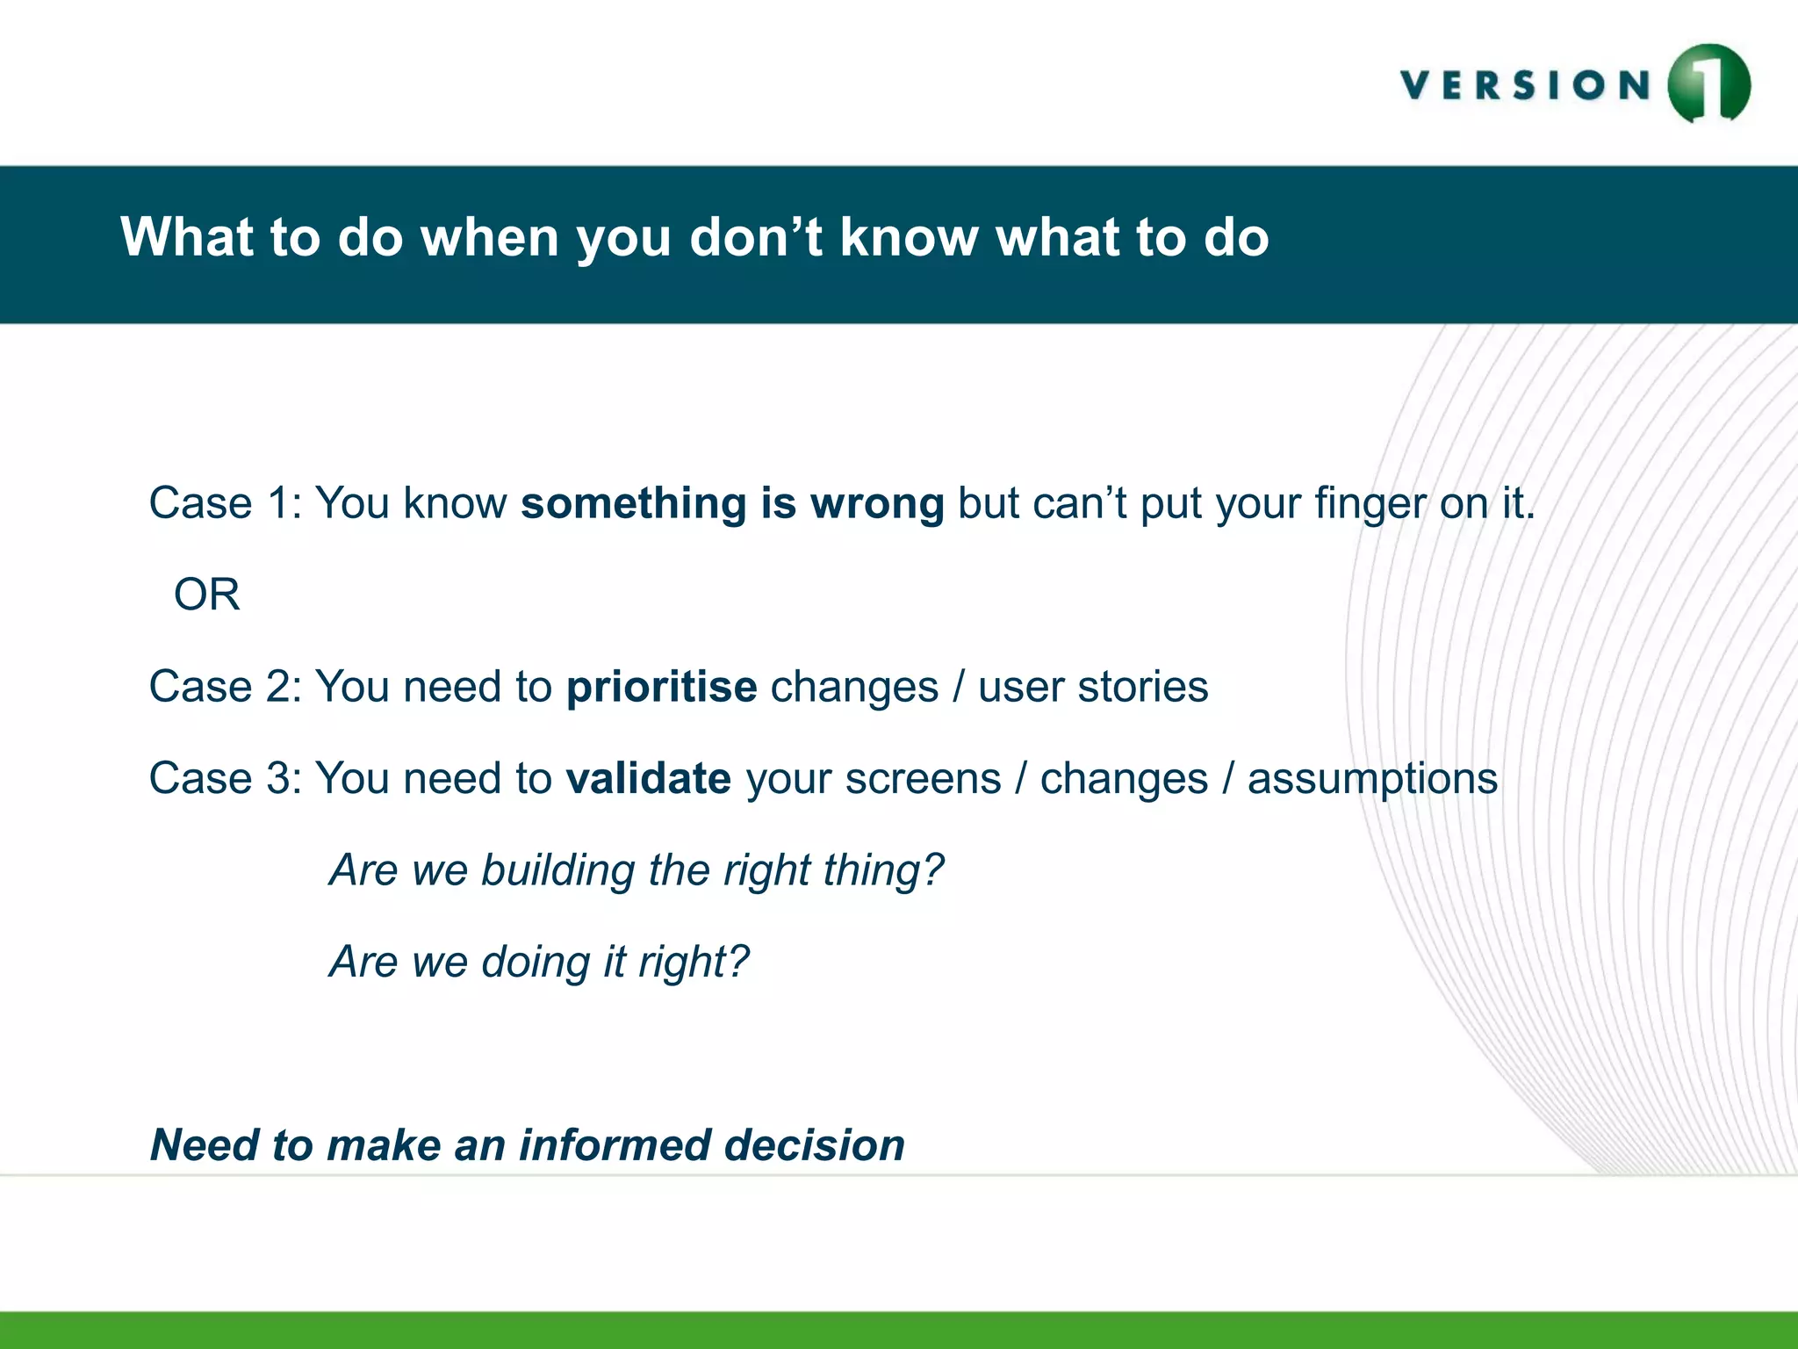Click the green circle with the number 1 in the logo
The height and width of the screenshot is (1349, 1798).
[x=1708, y=84]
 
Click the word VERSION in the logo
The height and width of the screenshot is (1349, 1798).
[x=1526, y=86]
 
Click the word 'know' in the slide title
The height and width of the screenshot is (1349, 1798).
[x=909, y=237]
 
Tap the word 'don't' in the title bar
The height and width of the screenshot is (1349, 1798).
[x=756, y=237]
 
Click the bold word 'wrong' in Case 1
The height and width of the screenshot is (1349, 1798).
[x=877, y=504]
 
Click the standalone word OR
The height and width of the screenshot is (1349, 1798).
[x=206, y=595]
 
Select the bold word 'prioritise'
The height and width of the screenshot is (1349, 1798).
[x=661, y=687]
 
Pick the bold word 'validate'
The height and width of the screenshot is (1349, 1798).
[x=648, y=779]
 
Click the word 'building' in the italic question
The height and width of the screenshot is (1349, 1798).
[x=557, y=871]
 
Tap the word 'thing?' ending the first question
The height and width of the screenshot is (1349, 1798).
[x=883, y=871]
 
